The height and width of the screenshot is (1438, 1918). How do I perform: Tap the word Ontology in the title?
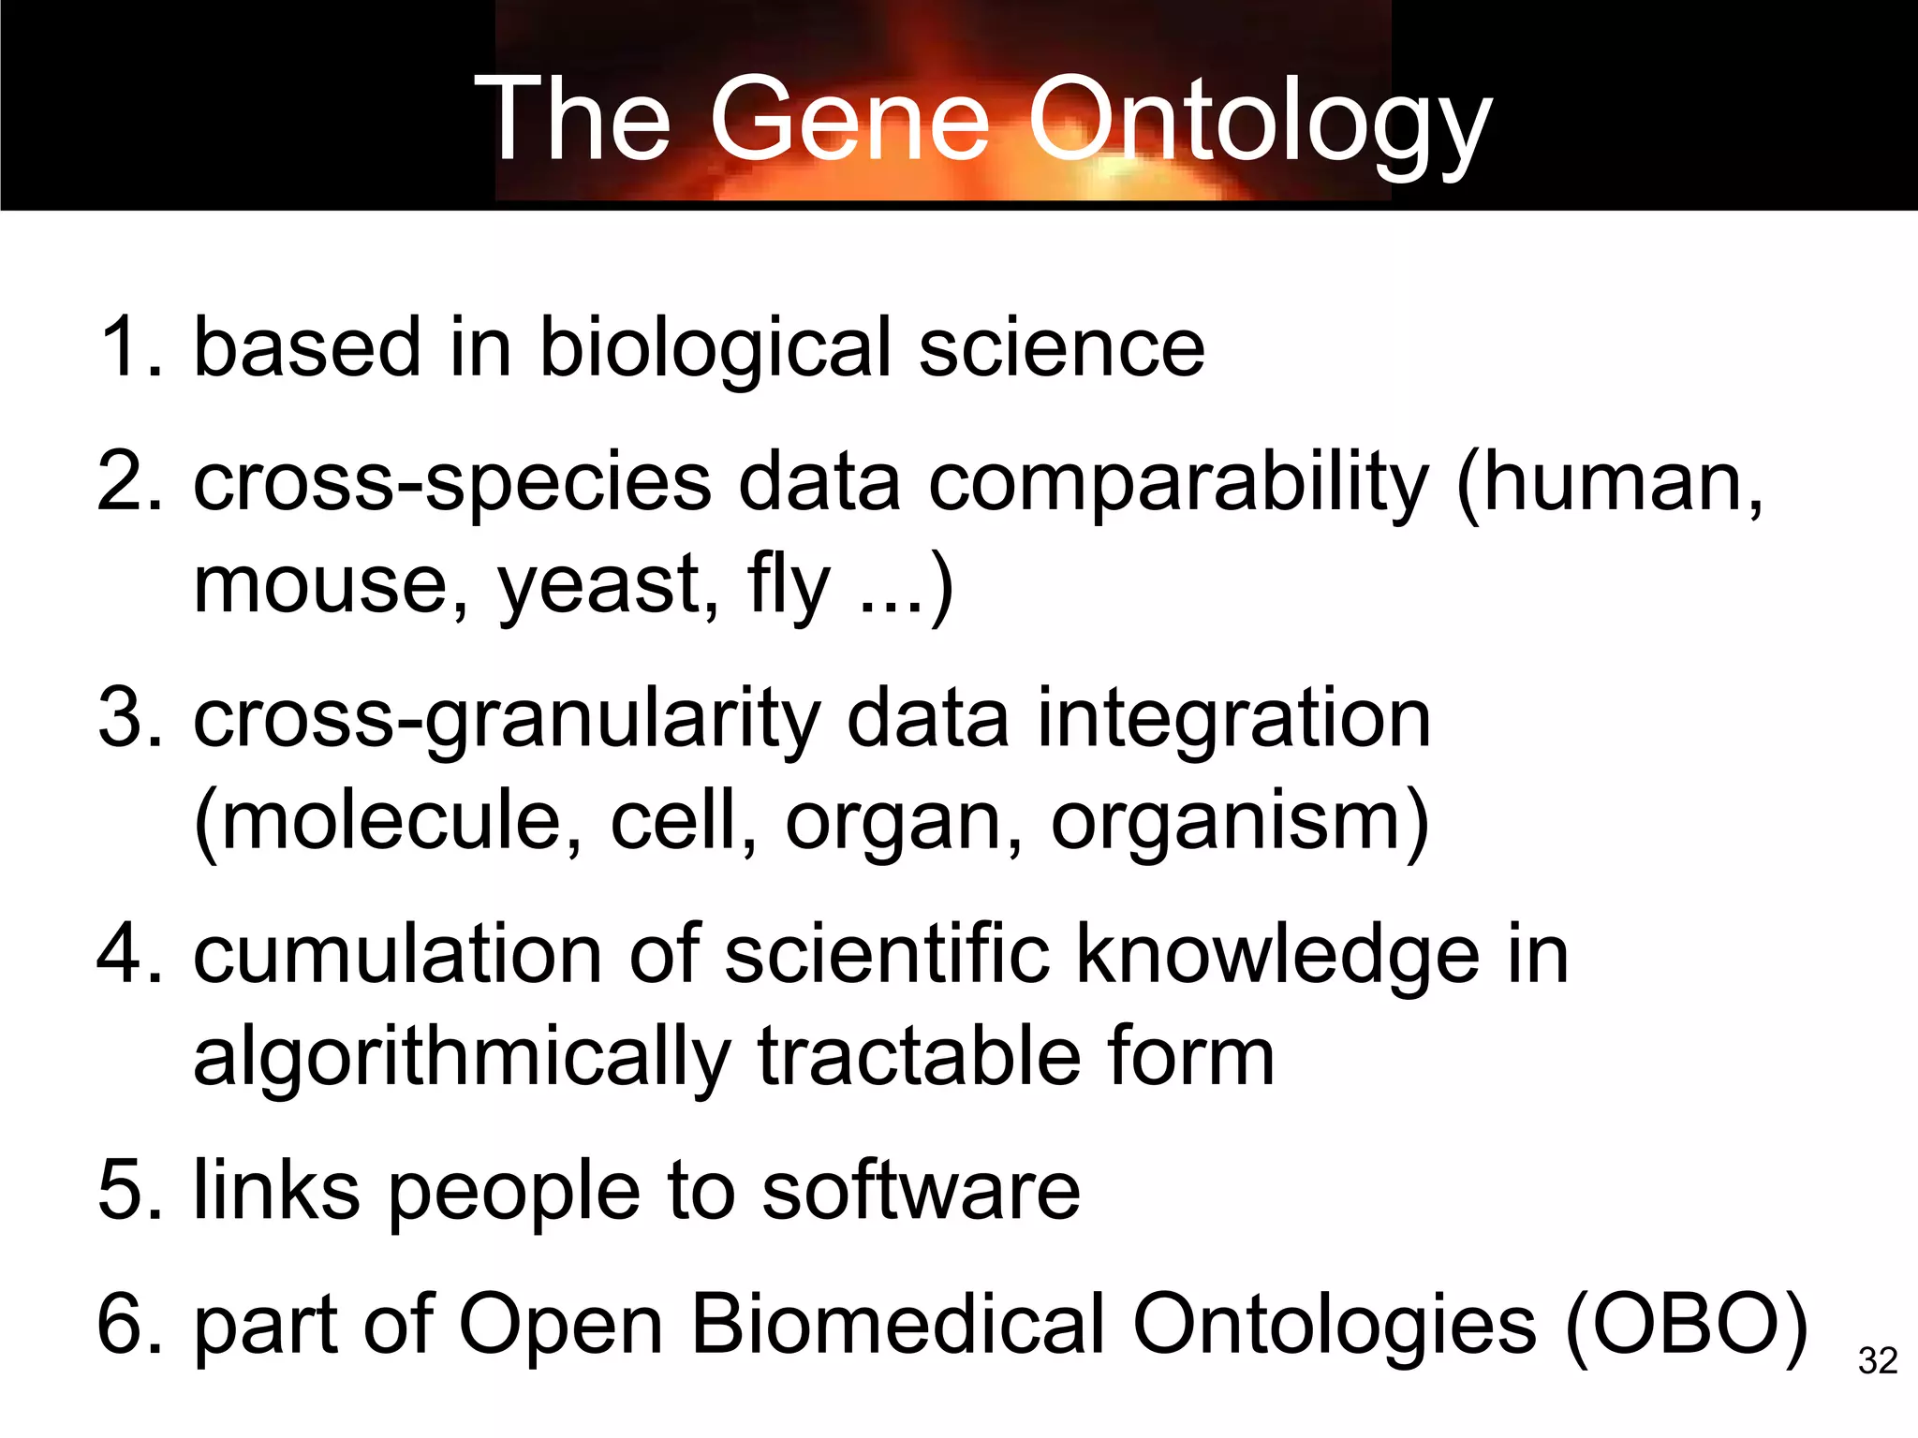click(1260, 122)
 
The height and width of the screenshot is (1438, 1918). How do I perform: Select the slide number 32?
click(1878, 1360)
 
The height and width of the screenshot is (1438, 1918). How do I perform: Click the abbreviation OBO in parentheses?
click(1686, 1325)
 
